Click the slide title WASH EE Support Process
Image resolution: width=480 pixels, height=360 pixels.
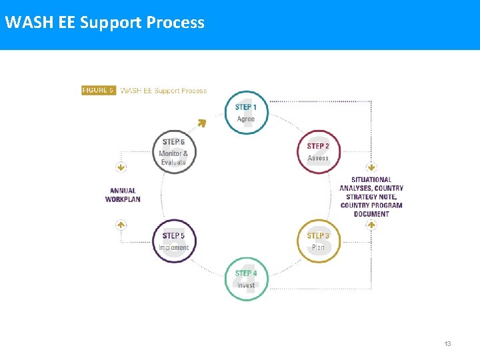[105, 23]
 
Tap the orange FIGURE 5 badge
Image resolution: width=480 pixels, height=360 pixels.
[99, 90]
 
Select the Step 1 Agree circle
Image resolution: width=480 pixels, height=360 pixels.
[246, 113]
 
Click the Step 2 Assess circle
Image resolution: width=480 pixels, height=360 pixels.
[318, 152]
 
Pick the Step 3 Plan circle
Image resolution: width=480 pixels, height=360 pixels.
[318, 241]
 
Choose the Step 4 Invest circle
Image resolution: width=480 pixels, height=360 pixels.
[246, 279]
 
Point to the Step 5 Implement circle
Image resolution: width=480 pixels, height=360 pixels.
[174, 241]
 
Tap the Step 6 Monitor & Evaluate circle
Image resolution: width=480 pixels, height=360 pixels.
[174, 152]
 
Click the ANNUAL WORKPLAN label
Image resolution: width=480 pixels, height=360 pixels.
[123, 195]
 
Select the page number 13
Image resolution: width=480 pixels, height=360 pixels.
[447, 344]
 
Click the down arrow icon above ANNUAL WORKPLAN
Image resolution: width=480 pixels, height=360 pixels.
[121, 167]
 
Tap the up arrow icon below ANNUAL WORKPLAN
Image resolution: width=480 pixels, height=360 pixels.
[121, 225]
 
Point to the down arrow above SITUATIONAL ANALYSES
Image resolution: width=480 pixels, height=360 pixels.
[371, 167]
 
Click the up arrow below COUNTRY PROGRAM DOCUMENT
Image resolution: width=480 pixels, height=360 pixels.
[371, 225]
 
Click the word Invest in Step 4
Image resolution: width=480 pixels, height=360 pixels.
[246, 285]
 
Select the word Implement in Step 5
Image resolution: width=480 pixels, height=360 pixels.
[174, 248]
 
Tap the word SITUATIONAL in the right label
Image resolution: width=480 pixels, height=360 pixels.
[371, 180]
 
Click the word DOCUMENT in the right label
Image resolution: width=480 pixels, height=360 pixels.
[371, 214]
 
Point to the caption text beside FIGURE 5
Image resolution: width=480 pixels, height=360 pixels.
[163, 91]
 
